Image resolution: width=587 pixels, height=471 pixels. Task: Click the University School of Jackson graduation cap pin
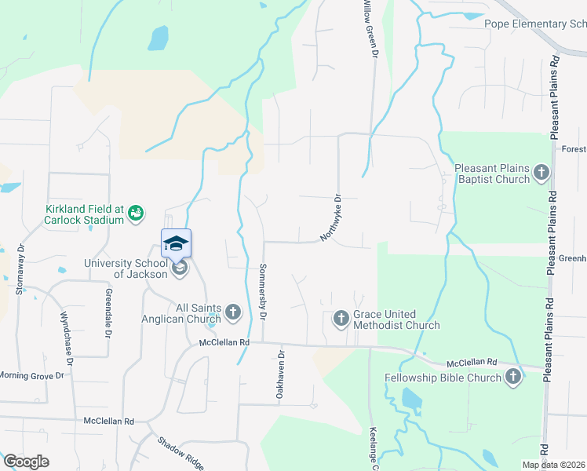177,243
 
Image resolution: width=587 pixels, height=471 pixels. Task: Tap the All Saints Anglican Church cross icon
233,312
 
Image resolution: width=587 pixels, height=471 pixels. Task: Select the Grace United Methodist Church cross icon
341,318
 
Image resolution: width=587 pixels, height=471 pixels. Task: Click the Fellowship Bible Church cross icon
513,378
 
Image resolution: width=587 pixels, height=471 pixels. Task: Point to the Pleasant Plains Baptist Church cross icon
541,172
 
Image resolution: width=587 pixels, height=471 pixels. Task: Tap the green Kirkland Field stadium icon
137,212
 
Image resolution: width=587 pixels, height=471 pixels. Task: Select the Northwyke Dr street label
332,218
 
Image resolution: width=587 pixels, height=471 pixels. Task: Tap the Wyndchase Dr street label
67,338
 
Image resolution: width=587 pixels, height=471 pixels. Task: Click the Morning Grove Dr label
31,376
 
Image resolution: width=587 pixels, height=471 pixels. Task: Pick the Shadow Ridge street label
180,454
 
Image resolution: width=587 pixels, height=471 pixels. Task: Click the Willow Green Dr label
370,27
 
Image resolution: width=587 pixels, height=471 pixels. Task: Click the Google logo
26,462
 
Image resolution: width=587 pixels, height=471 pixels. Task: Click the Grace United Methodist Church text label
396,319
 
